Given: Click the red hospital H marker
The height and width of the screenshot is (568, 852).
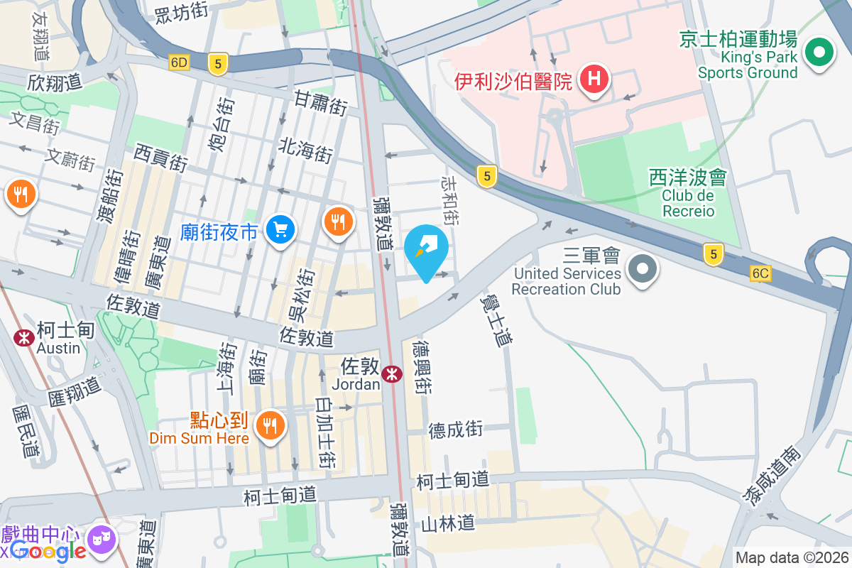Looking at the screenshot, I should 595,79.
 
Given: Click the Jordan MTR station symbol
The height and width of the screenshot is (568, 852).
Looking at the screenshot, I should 391,373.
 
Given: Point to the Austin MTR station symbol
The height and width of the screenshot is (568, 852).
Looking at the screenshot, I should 23,338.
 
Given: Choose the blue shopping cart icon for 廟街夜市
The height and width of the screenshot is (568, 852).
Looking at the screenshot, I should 280,229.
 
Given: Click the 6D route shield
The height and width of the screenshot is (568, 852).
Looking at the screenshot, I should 180,62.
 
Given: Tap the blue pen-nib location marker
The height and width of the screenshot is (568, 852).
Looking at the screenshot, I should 426,250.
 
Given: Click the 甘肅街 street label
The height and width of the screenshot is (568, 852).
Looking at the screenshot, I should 321,103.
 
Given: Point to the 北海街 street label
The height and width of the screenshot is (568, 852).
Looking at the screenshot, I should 305,150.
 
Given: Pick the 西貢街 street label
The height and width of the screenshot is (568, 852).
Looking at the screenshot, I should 160,157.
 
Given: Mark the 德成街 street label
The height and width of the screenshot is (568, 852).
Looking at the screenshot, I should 455,430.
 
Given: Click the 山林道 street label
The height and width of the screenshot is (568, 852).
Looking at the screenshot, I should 447,524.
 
